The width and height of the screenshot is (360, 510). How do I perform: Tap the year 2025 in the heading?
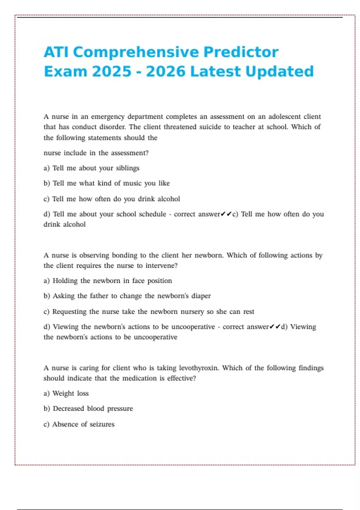click(x=112, y=72)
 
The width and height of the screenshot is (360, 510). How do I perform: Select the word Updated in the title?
click(x=279, y=72)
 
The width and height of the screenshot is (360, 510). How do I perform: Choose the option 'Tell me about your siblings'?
click(x=91, y=168)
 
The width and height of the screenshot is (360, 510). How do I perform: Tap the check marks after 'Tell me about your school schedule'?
click(x=226, y=214)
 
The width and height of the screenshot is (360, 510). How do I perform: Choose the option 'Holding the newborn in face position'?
click(x=108, y=281)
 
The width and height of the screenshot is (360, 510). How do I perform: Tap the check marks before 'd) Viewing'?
click(x=275, y=327)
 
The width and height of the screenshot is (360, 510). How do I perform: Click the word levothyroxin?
click(x=199, y=368)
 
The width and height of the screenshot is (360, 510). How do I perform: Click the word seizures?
click(x=102, y=424)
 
